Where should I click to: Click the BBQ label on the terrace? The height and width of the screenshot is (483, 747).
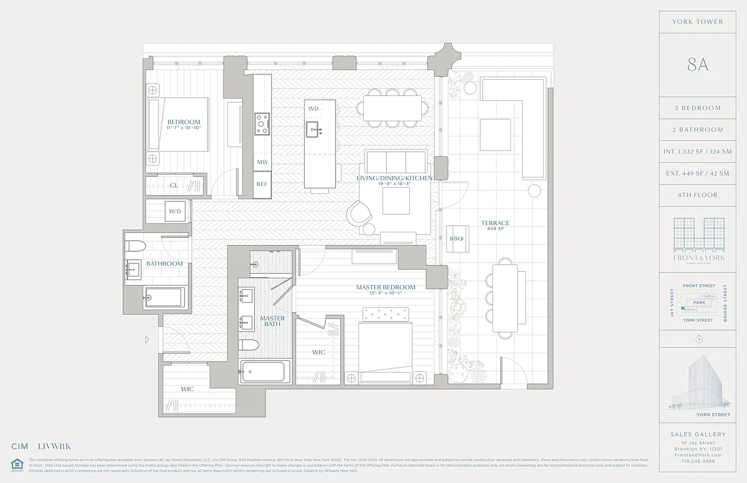click(x=456, y=238)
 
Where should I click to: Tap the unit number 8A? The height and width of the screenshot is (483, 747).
click(x=697, y=65)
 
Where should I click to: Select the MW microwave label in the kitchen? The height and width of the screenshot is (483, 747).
click(x=262, y=162)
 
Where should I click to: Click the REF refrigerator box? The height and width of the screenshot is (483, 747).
click(x=262, y=184)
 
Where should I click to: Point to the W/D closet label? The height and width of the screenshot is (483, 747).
click(x=175, y=211)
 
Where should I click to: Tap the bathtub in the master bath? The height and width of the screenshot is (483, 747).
click(x=264, y=371)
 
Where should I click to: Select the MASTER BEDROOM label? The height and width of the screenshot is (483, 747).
click(x=386, y=287)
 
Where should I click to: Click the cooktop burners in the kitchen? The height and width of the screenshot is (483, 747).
click(x=262, y=124)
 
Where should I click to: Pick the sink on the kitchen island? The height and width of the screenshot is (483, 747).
click(x=313, y=127)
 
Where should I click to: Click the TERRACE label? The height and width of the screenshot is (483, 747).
click(x=495, y=223)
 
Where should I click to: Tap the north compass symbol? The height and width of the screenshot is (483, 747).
click(x=699, y=339)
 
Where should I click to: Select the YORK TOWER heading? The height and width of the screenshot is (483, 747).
click(x=697, y=22)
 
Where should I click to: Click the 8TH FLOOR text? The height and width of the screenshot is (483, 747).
click(x=697, y=195)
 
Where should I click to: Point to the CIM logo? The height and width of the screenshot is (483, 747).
click(x=20, y=447)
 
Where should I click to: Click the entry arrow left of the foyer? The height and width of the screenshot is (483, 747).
click(x=147, y=340)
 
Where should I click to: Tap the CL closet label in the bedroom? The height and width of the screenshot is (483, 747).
click(x=173, y=185)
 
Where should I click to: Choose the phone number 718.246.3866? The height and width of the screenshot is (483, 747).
click(x=698, y=461)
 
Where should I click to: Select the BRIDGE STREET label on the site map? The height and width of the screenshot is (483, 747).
click(x=725, y=303)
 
